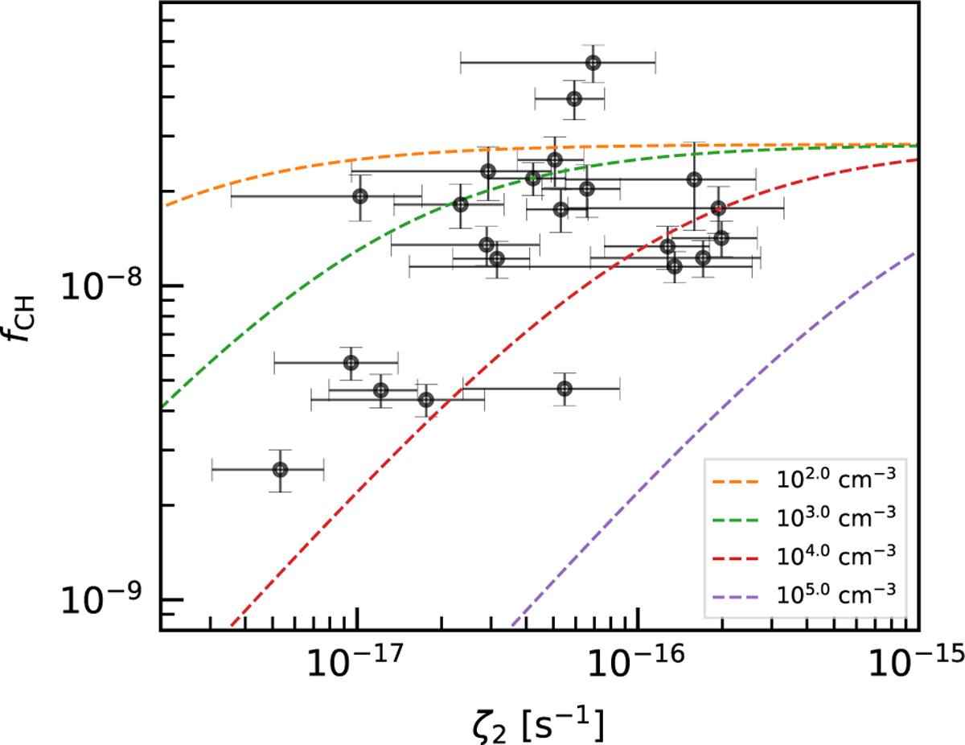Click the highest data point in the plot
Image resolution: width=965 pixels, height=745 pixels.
pos(593,63)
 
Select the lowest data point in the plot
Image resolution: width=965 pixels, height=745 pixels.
pos(280,469)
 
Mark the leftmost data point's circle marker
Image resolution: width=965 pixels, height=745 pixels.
pos(280,469)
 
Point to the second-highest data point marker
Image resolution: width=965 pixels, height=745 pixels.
pos(574,99)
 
